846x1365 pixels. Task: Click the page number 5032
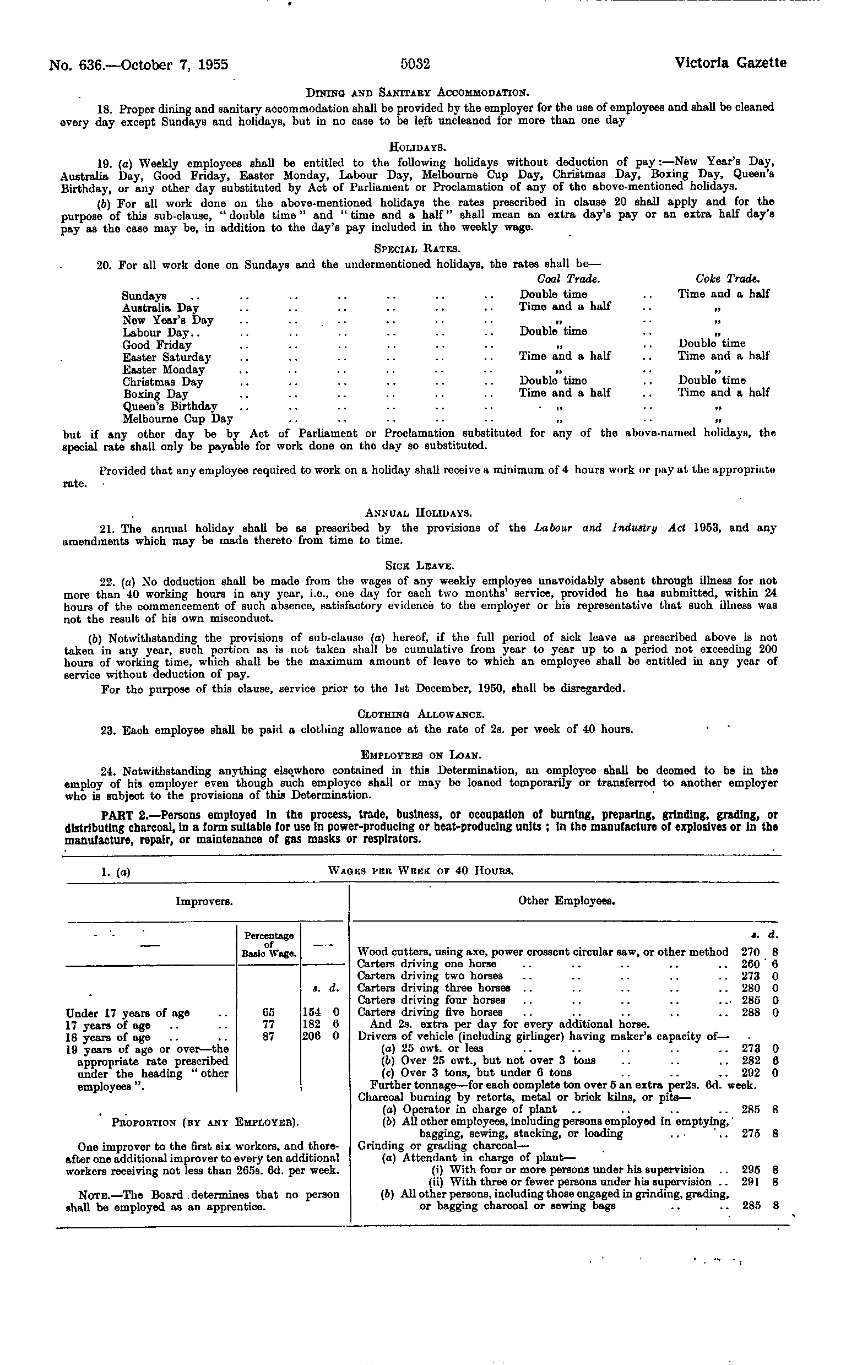(x=415, y=64)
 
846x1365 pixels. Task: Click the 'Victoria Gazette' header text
(x=730, y=63)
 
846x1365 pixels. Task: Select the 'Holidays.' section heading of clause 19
(x=417, y=148)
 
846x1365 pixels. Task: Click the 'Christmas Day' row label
(x=162, y=382)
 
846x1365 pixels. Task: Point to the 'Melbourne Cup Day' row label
(x=177, y=419)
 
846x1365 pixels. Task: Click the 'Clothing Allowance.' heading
(x=420, y=714)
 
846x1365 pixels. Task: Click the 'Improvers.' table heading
(x=204, y=901)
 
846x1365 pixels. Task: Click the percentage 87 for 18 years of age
(x=269, y=1037)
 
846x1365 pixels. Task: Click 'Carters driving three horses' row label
(x=433, y=988)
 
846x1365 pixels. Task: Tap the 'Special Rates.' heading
(x=417, y=248)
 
